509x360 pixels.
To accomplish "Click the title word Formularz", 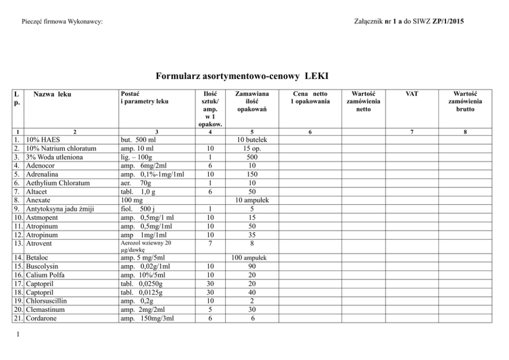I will click(x=177, y=77).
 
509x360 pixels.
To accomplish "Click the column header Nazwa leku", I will click(x=52, y=94).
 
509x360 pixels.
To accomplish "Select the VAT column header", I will click(x=412, y=94).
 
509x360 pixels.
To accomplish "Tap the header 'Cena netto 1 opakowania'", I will click(x=310, y=98).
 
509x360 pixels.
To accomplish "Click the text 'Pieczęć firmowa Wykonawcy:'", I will click(x=63, y=22).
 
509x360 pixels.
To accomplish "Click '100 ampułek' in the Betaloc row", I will click(x=251, y=257).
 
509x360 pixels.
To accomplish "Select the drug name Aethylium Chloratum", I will click(x=57, y=183).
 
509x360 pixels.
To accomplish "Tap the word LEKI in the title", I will click(x=316, y=77).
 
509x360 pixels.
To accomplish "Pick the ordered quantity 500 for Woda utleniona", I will click(x=251, y=157).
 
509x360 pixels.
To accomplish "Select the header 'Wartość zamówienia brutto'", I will click(x=465, y=102).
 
